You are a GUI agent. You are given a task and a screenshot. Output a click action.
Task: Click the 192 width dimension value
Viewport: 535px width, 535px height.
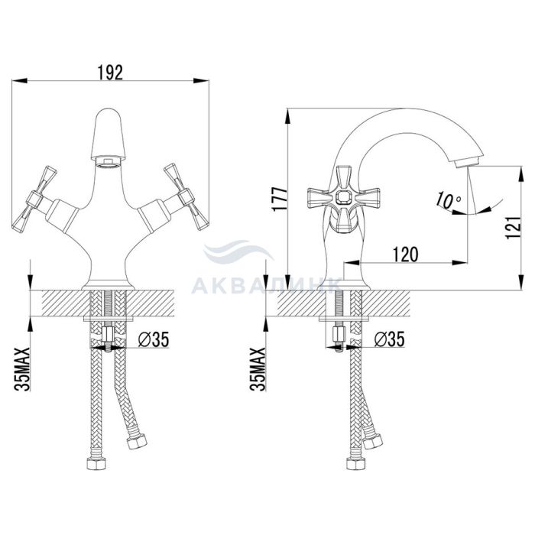[110, 72]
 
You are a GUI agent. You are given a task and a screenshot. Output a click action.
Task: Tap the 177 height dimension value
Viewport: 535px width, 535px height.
[280, 199]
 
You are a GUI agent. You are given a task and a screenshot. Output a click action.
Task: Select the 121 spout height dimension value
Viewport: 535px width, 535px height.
[514, 227]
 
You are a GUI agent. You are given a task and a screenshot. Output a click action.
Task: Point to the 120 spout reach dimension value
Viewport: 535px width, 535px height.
[405, 255]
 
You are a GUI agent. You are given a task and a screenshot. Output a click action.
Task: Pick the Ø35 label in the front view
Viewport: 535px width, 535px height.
[154, 339]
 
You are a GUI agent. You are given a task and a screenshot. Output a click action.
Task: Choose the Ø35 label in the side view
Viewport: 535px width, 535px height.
[389, 339]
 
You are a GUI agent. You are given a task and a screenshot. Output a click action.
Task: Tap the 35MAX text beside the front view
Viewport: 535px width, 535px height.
[22, 369]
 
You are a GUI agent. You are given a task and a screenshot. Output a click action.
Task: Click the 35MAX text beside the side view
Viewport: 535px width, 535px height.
[258, 369]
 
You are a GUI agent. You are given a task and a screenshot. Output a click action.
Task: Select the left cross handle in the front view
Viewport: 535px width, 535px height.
[34, 197]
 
